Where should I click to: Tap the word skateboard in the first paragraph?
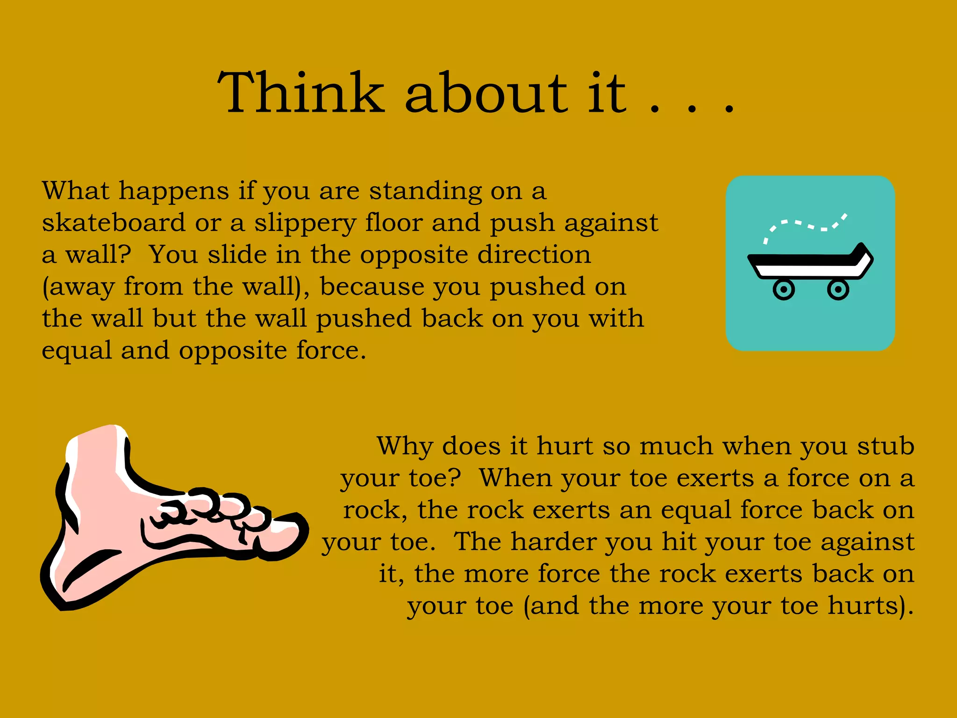pyautogui.click(x=114, y=223)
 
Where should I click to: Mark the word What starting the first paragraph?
pyautogui.click(x=76, y=191)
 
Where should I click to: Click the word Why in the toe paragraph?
pyautogui.click(x=405, y=446)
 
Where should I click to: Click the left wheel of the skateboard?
pyautogui.click(x=784, y=290)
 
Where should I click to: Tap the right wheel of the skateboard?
pyautogui.click(x=838, y=290)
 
